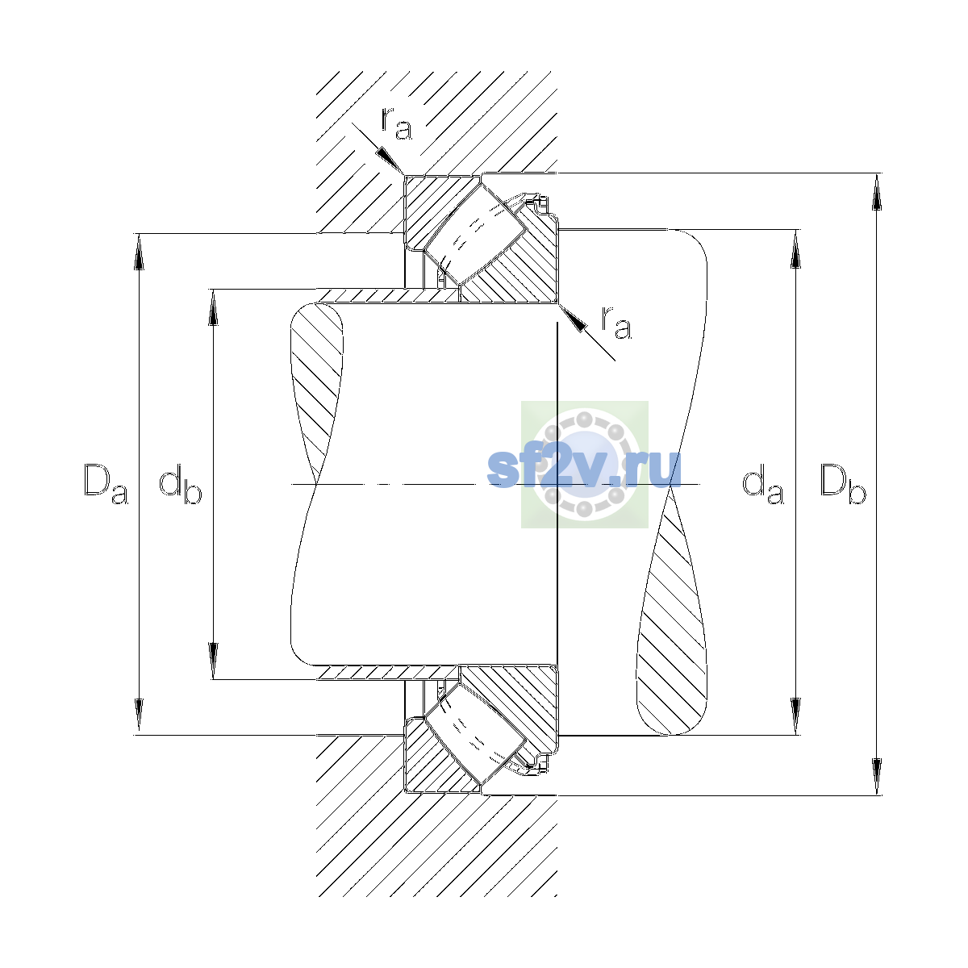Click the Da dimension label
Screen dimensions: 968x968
106,483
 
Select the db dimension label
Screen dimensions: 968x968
181,483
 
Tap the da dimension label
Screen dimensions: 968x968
763,483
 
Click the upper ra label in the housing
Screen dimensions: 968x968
396,123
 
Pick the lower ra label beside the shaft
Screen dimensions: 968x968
616,323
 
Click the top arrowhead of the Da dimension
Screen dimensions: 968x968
139,252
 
